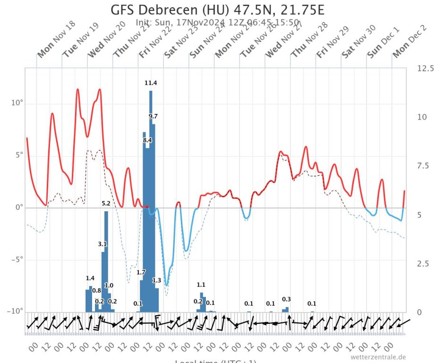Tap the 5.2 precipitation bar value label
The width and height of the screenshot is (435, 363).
106,203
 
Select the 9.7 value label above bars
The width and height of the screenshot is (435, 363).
153,116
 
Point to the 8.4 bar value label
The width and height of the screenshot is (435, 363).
147,140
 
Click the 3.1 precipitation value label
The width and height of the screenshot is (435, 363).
102,244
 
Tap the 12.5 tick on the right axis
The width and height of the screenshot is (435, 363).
425,69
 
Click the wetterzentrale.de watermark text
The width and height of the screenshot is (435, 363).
378,357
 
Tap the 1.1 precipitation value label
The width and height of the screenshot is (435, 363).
201,285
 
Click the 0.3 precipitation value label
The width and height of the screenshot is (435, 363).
286,299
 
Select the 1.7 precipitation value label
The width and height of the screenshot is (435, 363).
141,272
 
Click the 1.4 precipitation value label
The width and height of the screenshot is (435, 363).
90,278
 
